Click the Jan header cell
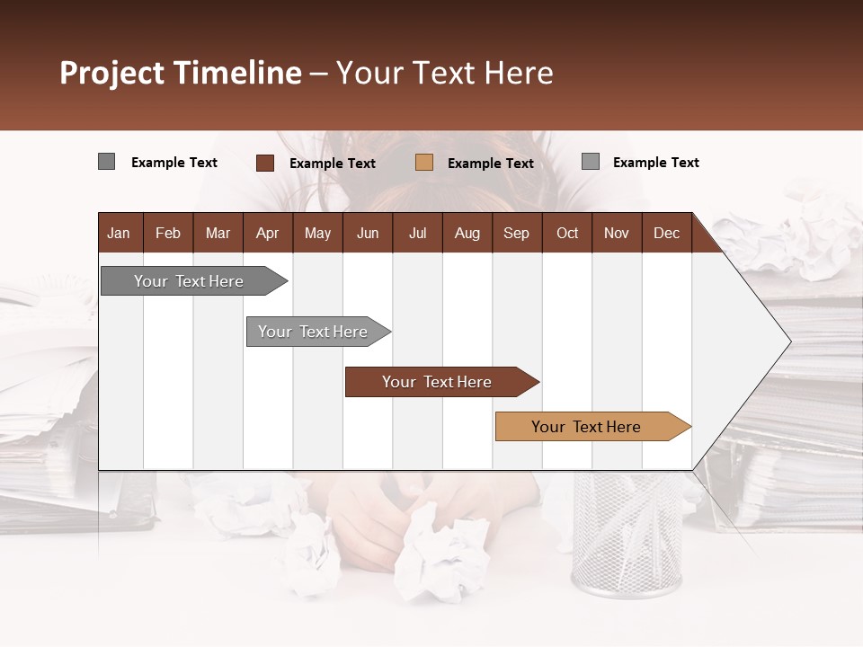click(119, 234)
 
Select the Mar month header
click(218, 234)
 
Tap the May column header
click(317, 234)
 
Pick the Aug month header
click(467, 234)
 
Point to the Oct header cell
click(567, 234)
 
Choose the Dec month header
click(666, 234)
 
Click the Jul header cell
click(417, 234)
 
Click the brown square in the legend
click(264, 163)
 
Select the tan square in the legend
click(424, 163)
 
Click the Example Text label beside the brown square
click(333, 164)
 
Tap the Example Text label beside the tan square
click(491, 164)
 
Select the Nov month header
click(617, 234)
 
